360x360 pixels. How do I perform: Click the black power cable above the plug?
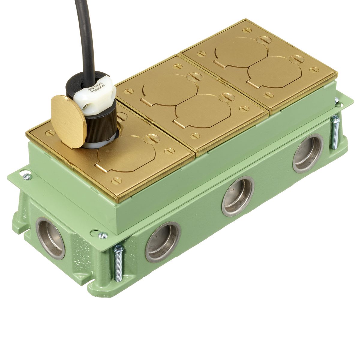(82, 36)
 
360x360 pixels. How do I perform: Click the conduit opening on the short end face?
(50, 238)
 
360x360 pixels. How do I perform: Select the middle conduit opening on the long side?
(238, 196)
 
